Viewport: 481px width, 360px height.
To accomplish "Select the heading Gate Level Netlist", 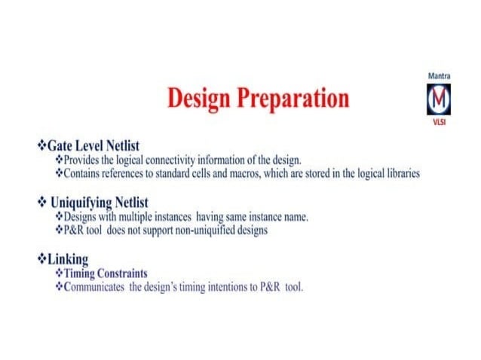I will click(x=93, y=145).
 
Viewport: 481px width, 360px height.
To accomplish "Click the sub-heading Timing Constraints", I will click(x=106, y=273).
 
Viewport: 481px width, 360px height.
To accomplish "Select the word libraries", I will click(x=397, y=173).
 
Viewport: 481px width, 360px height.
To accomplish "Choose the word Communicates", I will click(x=93, y=287).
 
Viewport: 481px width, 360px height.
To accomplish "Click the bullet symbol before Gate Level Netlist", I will click(x=41, y=145).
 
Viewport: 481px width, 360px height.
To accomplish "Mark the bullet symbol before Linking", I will click(x=41, y=259).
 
